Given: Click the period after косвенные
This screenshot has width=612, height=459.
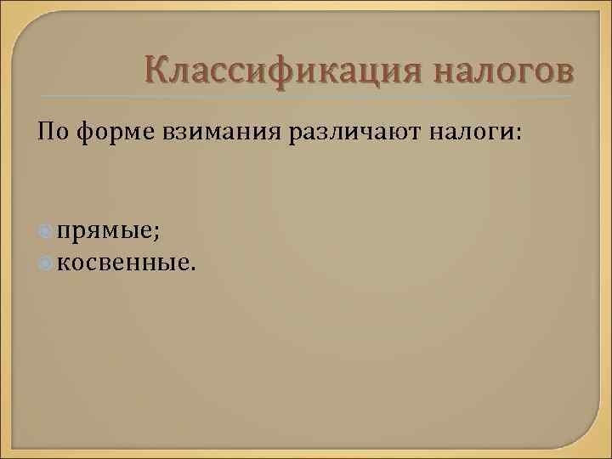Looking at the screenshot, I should [191, 269].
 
